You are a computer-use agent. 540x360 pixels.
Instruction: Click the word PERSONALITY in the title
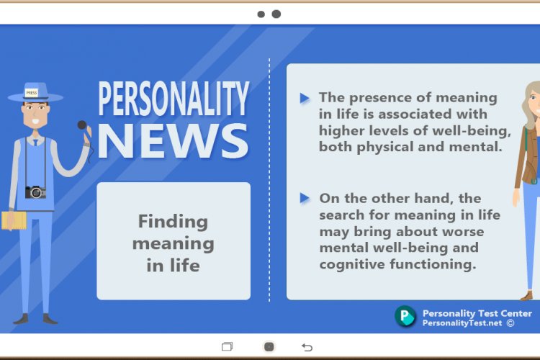point(174,99)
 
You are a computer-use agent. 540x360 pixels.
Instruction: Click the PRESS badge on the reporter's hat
point(31,93)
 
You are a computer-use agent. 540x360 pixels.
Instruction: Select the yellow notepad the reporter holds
point(13,220)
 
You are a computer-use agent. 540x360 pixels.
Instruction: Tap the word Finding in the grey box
point(173,221)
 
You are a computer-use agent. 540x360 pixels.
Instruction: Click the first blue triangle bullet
point(305,98)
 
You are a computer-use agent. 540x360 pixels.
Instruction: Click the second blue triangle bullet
point(305,198)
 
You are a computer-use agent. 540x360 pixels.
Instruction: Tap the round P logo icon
point(405,316)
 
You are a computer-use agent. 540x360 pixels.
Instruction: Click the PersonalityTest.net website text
point(462,323)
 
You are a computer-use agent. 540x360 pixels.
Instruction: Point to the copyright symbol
point(510,323)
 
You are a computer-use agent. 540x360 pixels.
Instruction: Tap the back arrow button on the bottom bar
point(307,347)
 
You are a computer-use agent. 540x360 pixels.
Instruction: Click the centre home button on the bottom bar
point(269,346)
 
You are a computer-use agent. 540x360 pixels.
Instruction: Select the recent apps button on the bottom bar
point(227,346)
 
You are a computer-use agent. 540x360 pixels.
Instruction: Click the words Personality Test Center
point(477,313)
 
